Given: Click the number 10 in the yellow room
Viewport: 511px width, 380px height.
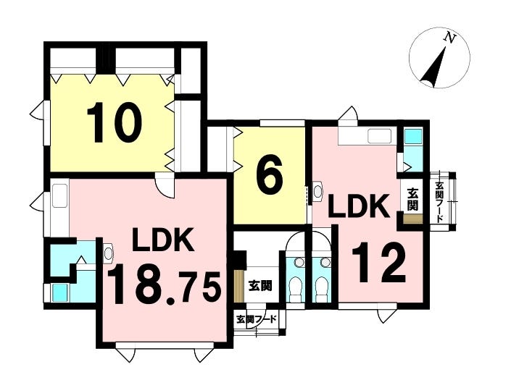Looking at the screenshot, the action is tap(115, 122).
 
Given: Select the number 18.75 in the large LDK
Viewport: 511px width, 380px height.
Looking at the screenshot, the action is tap(164, 284).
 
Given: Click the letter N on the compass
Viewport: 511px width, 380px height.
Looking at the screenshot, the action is tap(449, 38).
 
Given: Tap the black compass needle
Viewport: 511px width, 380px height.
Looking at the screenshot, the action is tap(433, 67).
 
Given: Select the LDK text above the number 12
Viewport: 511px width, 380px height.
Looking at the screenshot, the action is tap(359, 206).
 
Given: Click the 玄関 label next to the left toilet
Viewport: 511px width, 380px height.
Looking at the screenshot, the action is tap(260, 286).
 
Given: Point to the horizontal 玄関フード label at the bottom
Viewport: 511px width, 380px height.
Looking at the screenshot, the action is tap(257, 319).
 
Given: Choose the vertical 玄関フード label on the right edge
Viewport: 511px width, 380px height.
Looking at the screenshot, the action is tap(440, 203).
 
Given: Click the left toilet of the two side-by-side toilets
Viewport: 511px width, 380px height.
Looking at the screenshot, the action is tap(296, 287).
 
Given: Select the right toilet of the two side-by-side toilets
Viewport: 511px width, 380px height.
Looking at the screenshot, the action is tap(322, 287).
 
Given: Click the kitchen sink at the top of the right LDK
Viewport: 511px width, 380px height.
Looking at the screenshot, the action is tap(379, 135).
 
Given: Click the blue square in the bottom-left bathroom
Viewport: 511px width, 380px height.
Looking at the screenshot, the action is tap(60, 292).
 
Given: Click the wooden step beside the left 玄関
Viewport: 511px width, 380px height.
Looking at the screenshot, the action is tap(239, 286).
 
